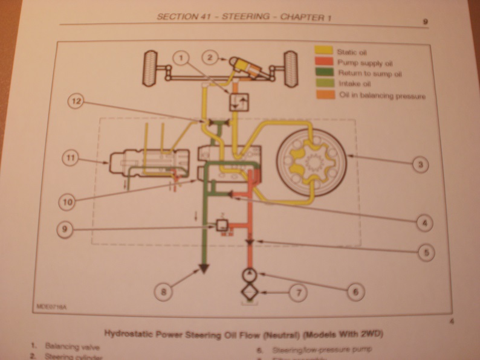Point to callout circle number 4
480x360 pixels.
click(x=425, y=223)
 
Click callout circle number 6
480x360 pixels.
click(x=356, y=291)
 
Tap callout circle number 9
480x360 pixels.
click(x=65, y=230)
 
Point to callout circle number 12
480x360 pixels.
click(x=75, y=101)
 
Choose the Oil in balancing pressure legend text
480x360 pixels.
click(x=382, y=95)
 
